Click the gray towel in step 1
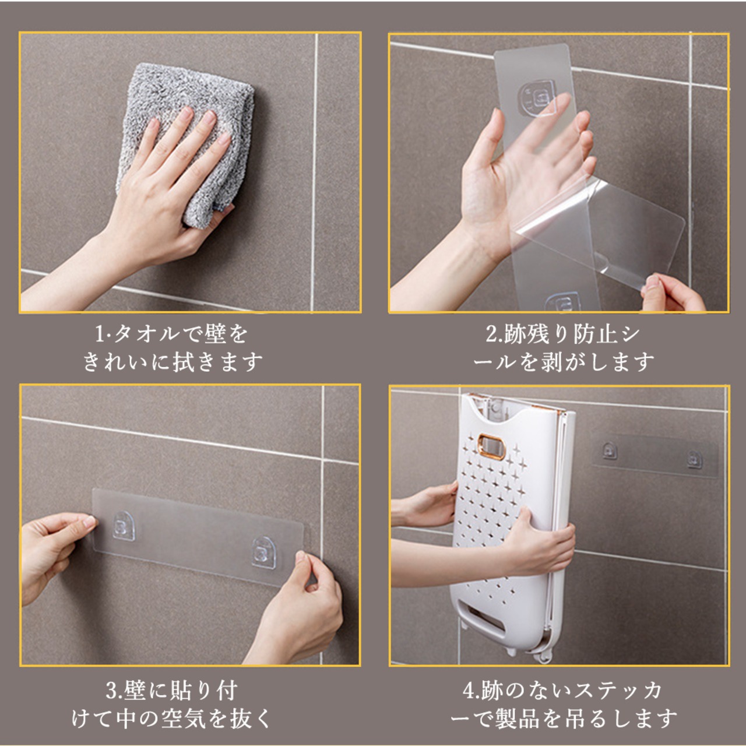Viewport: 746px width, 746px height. click(186, 143)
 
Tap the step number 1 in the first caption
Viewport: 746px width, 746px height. click(100, 335)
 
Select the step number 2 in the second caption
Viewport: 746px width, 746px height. click(492, 335)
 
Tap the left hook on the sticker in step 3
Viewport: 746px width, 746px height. click(124, 525)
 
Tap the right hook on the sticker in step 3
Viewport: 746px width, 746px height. click(264, 553)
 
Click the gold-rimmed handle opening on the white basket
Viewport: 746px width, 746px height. click(492, 446)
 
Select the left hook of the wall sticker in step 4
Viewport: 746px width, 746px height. click(610, 451)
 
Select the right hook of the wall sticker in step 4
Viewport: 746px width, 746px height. click(694, 459)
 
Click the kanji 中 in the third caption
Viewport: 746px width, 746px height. click(127, 719)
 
